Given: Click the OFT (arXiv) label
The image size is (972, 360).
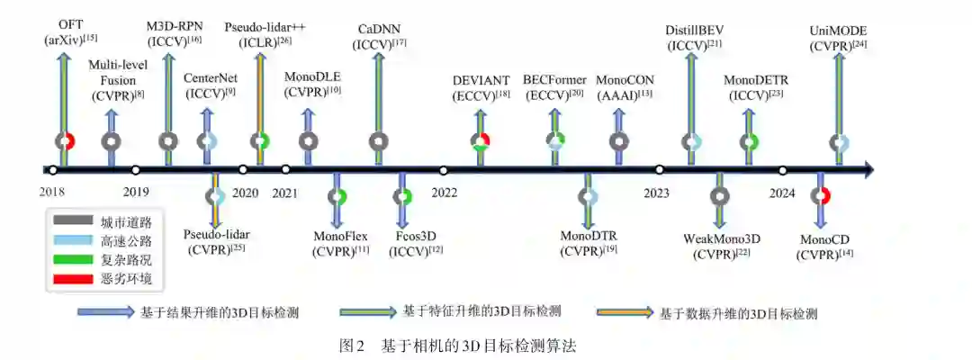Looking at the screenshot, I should (64, 31).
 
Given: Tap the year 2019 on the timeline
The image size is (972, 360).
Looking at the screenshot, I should (136, 192).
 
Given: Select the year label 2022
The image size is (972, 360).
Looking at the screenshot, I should (444, 192).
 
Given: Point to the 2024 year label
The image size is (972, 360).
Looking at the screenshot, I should (782, 192).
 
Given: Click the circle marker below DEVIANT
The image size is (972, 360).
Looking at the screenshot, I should (481, 141).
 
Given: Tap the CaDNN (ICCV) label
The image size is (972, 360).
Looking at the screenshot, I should (379, 37).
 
